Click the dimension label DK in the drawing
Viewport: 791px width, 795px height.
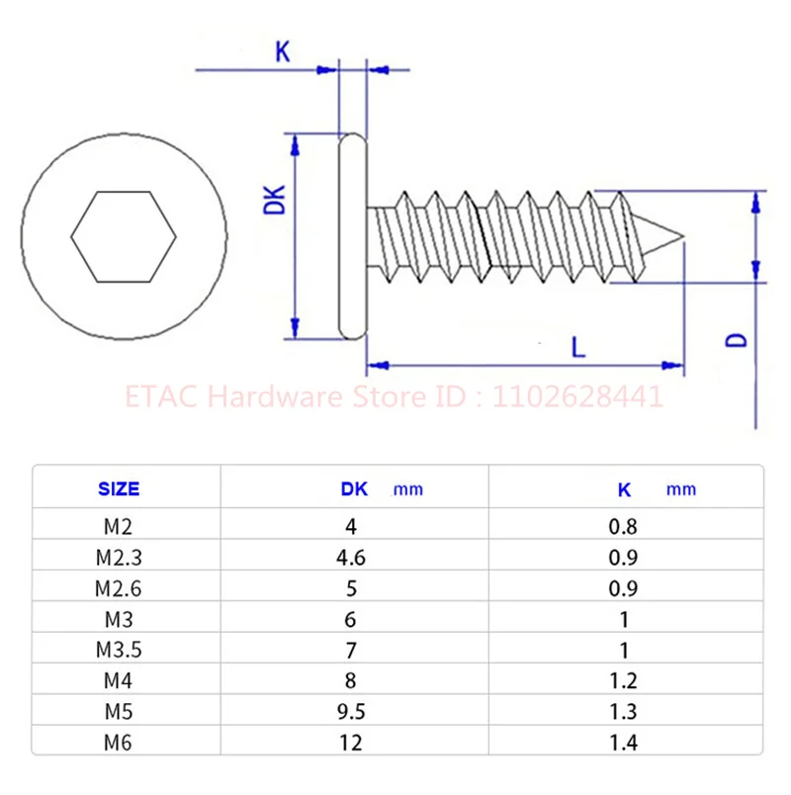[278, 200]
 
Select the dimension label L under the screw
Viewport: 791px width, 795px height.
[577, 346]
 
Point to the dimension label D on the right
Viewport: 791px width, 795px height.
[736, 339]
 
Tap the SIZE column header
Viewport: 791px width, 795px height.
[119, 488]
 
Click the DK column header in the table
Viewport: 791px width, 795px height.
[354, 488]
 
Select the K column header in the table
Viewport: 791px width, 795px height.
[624, 488]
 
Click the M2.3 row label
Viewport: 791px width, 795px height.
[119, 558]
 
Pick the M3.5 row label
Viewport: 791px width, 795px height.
[119, 650]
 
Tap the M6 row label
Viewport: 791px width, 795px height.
[119, 742]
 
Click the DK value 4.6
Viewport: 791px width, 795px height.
[351, 558]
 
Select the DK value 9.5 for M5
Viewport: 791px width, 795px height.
[351, 711]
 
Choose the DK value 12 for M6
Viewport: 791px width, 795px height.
[351, 742]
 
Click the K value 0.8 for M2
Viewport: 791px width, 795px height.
[623, 527]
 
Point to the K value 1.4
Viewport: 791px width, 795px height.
[623, 742]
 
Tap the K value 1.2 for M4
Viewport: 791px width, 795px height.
[623, 680]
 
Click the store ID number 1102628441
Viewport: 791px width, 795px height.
[577, 397]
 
